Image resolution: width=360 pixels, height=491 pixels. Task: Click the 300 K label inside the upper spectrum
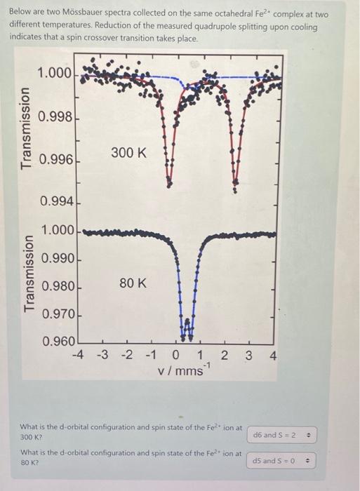(x=129, y=152)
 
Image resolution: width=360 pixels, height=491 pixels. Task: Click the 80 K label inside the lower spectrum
(x=133, y=283)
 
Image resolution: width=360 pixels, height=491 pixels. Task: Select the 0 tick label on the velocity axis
(x=176, y=356)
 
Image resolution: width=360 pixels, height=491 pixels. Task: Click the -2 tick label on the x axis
(x=126, y=356)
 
